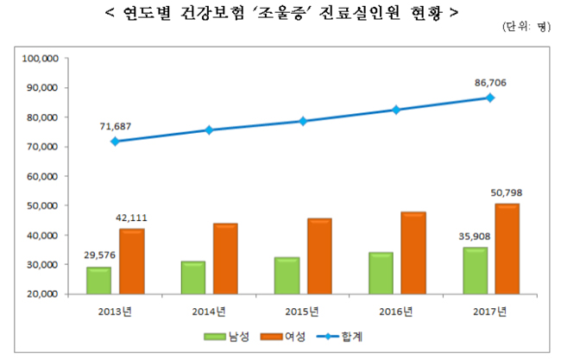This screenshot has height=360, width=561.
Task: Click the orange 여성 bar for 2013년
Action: pyautogui.click(x=132, y=262)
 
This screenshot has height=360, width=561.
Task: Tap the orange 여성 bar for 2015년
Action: pyautogui.click(x=319, y=256)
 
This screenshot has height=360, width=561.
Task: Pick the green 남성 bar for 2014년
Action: pyautogui.click(x=193, y=277)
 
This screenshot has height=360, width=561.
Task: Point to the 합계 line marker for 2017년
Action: pyautogui.click(x=489, y=98)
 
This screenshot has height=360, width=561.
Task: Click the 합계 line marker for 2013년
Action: pyautogui.click(x=115, y=141)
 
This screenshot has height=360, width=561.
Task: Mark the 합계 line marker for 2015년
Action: pyautogui.click(x=302, y=121)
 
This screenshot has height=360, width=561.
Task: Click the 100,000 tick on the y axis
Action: pyautogui.click(x=38, y=59)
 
